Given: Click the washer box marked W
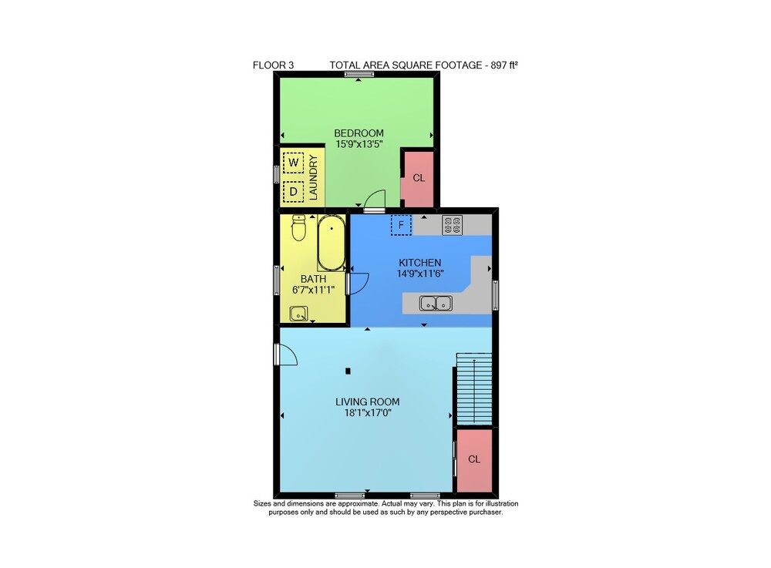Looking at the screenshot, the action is pyautogui.click(x=294, y=163).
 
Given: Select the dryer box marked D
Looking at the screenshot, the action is pyautogui.click(x=294, y=191).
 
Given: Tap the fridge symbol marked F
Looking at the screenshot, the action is pyautogui.click(x=401, y=225).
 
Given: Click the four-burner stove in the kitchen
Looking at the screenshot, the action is pyautogui.click(x=453, y=225).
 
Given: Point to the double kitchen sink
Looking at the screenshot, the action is pyautogui.click(x=436, y=303).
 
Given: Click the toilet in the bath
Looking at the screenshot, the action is pyautogui.click(x=298, y=227).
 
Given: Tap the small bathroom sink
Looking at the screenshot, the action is pyautogui.click(x=298, y=314).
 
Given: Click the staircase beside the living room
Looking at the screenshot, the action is pyautogui.click(x=474, y=388).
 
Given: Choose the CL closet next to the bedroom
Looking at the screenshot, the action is pyautogui.click(x=419, y=178).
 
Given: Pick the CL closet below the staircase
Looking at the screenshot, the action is pyautogui.click(x=474, y=459).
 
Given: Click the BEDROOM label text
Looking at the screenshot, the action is pyautogui.click(x=359, y=133).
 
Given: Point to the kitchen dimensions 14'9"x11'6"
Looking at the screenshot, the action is pyautogui.click(x=420, y=274).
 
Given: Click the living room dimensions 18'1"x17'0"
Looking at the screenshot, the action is pyautogui.click(x=368, y=413).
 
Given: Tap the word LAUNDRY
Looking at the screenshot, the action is pyautogui.click(x=313, y=177).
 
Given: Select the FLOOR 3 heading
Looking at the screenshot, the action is pyautogui.click(x=274, y=65).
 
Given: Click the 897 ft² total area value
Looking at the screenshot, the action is pyautogui.click(x=504, y=65).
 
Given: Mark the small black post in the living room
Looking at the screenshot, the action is pyautogui.click(x=348, y=371).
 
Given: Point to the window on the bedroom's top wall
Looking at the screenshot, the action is pyautogui.click(x=359, y=75).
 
